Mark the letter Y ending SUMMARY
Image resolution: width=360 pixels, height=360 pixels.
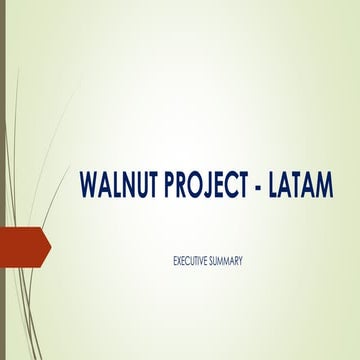[242, 262]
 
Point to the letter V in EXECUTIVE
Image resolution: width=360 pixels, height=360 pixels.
[204, 262]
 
